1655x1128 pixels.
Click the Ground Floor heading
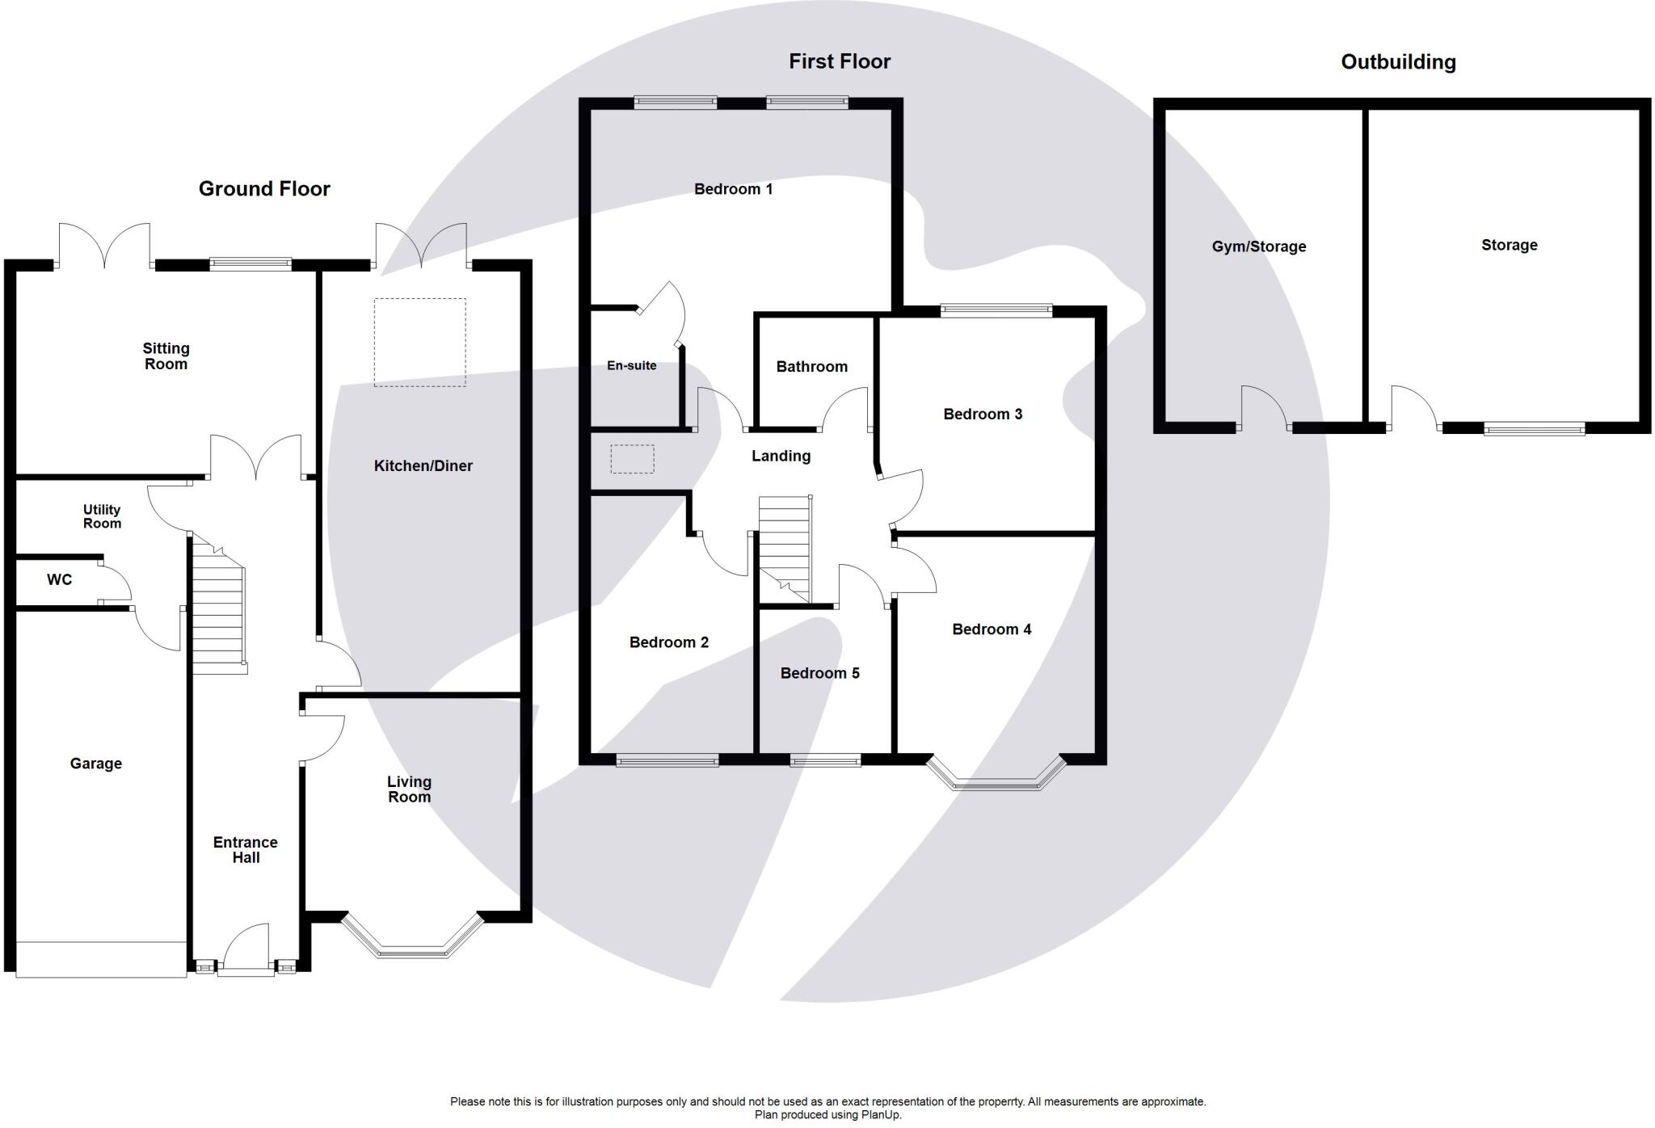(264, 189)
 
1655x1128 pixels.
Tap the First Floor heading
(840, 61)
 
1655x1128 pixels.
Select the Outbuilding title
(1398, 62)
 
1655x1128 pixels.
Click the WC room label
(60, 579)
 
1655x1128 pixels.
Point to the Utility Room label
(102, 516)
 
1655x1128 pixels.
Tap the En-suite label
(632, 365)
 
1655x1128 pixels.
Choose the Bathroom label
(812, 367)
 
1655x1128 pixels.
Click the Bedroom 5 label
(819, 673)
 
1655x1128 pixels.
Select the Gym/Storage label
(1259, 247)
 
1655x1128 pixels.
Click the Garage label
(96, 764)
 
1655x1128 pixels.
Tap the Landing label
(781, 457)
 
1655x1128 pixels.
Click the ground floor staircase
(217, 606)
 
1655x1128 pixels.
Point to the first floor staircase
(785, 549)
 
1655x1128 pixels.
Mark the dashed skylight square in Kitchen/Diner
(419, 343)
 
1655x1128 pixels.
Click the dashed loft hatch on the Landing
(632, 459)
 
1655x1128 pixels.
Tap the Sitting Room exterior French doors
(104, 245)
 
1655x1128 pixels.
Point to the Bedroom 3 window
(996, 311)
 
